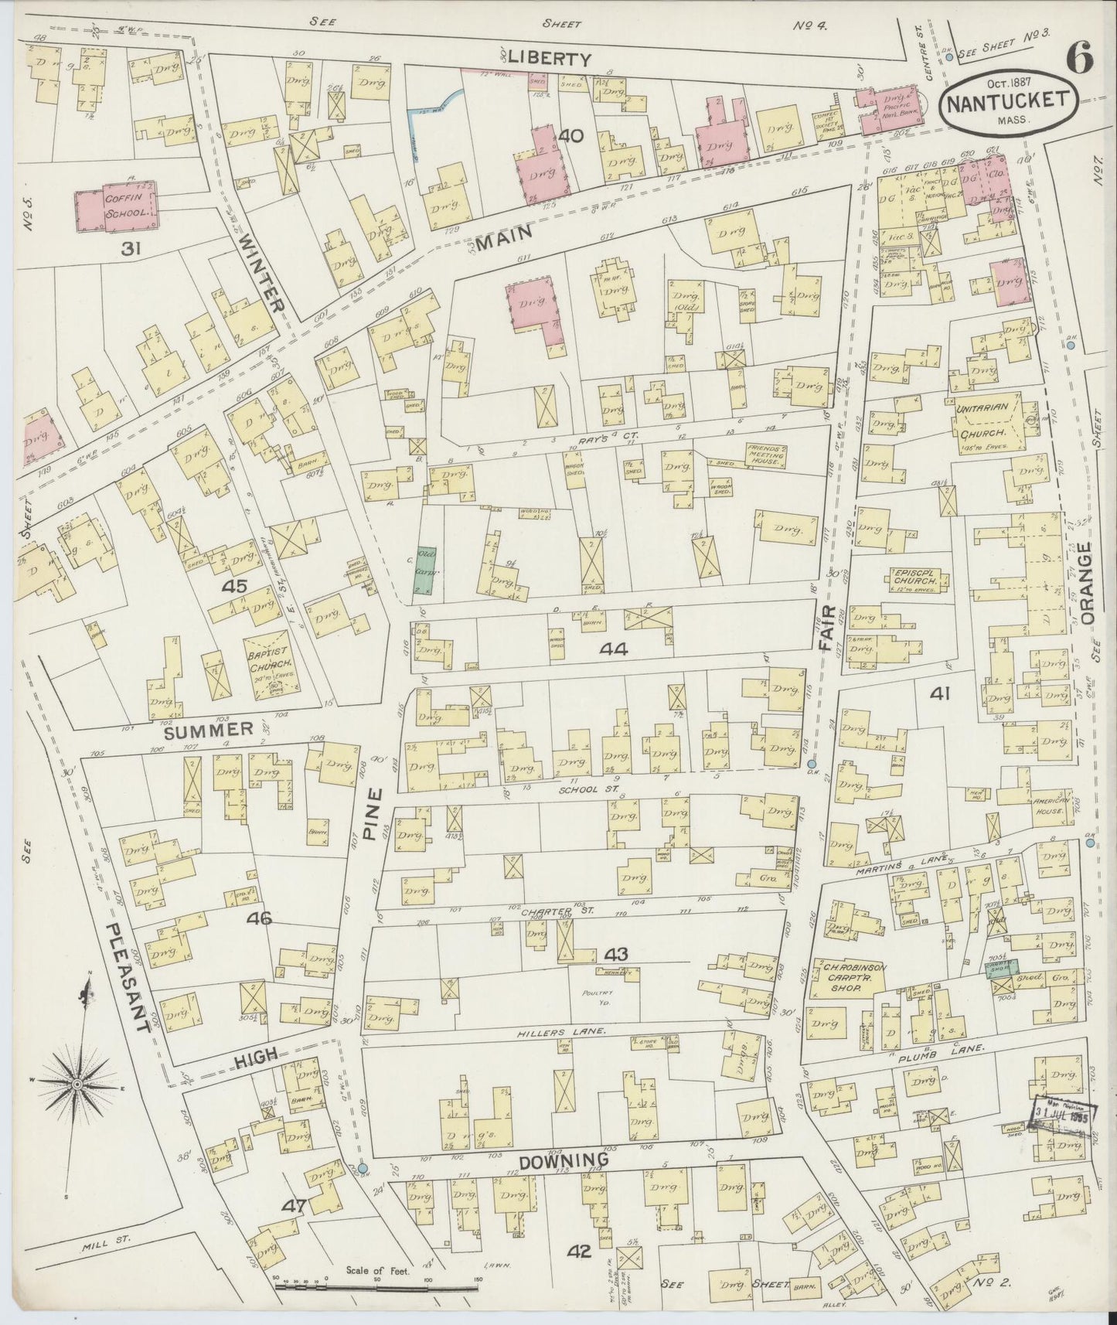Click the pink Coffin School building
click(x=116, y=209)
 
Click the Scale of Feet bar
click(x=377, y=1287)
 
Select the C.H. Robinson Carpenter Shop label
click(x=848, y=977)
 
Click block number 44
click(x=615, y=649)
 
